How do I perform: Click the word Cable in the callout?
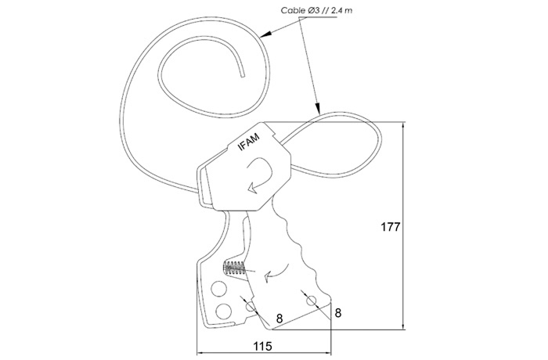pyautogui.click(x=293, y=10)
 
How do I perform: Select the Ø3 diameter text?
pyautogui.click(x=314, y=10)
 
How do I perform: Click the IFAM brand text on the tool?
pyautogui.click(x=249, y=143)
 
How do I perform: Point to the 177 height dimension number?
pyautogui.click(x=390, y=227)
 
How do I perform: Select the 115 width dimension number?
pyautogui.click(x=262, y=346)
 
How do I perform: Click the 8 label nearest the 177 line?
pyautogui.click(x=337, y=313)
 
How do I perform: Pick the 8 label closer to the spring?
pyautogui.click(x=279, y=319)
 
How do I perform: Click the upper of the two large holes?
pyautogui.click(x=218, y=288)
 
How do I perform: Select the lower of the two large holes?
pyautogui.click(x=224, y=311)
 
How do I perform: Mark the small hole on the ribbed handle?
pyautogui.click(x=311, y=300)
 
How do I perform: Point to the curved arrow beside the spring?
pyautogui.click(x=276, y=273)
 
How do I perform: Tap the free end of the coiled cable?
pyautogui.click(x=243, y=75)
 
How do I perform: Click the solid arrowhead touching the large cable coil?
pyautogui.click(x=266, y=34)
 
